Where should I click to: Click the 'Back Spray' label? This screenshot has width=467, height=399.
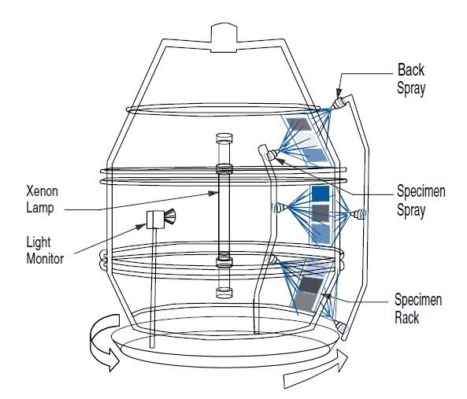[411, 79]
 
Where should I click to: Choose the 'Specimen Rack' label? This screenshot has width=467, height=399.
[418, 308]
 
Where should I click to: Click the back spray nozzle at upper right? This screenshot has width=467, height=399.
[339, 102]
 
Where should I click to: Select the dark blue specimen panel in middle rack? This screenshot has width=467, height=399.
[321, 193]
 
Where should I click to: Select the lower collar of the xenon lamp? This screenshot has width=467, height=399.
[223, 257]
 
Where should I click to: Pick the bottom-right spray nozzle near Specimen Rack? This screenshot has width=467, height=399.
[339, 325]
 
